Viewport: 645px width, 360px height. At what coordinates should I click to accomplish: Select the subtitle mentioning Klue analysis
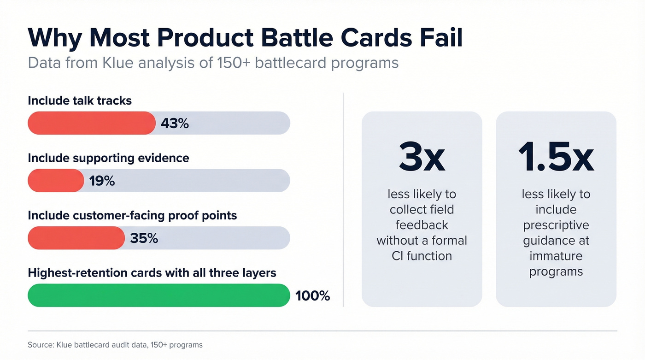coord(213,63)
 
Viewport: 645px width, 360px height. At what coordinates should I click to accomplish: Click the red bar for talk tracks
coord(92,123)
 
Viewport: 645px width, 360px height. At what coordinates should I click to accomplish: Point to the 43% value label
coord(175,124)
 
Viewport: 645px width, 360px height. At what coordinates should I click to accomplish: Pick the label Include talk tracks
coord(80,100)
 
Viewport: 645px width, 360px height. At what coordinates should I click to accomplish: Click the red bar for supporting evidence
coord(56,181)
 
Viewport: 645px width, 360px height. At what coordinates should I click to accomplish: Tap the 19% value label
coord(102,181)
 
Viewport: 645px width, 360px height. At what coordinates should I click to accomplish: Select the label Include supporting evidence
coord(108,158)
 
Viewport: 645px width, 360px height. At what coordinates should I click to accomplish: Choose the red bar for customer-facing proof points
coord(76,238)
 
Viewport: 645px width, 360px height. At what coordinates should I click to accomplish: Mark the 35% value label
coord(144,238)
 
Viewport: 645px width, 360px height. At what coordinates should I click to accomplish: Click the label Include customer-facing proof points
coord(132,215)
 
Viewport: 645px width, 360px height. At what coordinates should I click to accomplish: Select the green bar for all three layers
coord(159,295)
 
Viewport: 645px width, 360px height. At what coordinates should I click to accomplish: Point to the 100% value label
coord(312,296)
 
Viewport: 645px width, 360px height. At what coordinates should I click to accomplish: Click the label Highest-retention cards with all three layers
coord(152,273)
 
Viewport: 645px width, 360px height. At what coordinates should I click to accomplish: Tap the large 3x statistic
coord(422,158)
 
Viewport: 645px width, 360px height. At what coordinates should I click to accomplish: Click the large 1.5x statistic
coord(556,158)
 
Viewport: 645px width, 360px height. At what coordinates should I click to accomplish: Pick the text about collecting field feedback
coord(422,225)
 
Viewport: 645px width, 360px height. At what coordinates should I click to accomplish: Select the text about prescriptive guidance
coord(556,233)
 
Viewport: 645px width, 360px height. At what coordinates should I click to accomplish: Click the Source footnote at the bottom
coord(115,345)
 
